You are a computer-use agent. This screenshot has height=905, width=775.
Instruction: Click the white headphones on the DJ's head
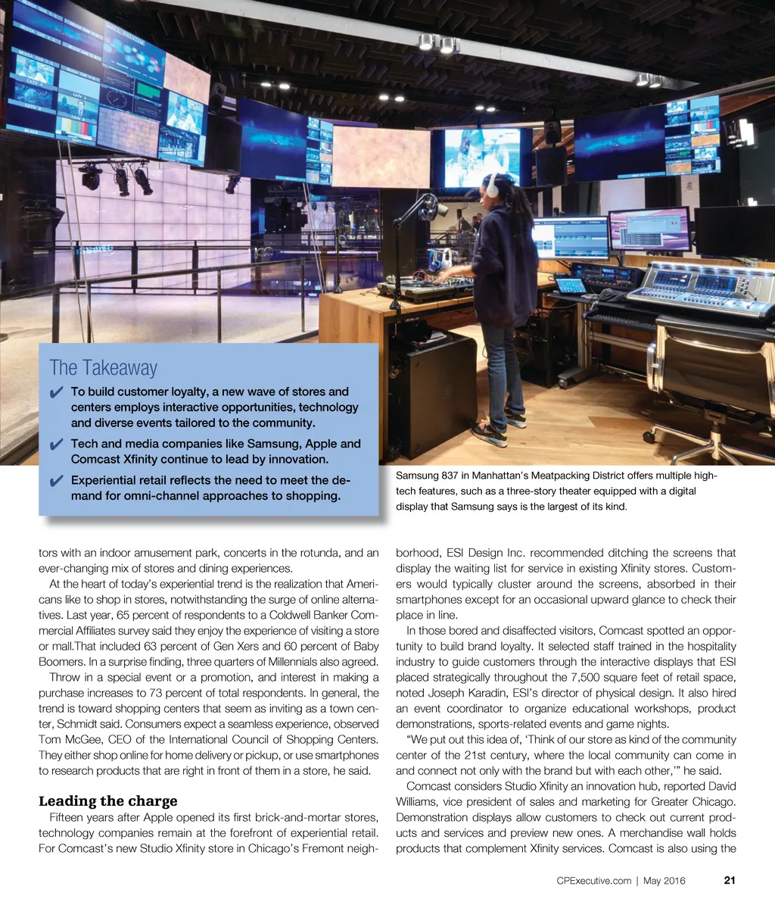pyautogui.click(x=493, y=186)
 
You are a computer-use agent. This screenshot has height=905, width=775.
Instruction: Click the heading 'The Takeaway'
pyautogui.click(x=103, y=368)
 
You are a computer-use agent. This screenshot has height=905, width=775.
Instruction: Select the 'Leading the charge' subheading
pyautogui.click(x=107, y=800)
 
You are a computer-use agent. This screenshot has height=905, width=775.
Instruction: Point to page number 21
pyautogui.click(x=730, y=880)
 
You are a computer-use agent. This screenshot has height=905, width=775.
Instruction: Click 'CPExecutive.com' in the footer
pyautogui.click(x=593, y=880)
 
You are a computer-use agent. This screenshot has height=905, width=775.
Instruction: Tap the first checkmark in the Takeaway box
pyautogui.click(x=55, y=392)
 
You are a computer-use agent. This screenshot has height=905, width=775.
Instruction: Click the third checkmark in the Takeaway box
pyautogui.click(x=55, y=481)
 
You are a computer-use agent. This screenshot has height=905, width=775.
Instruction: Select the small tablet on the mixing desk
pyautogui.click(x=571, y=286)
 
